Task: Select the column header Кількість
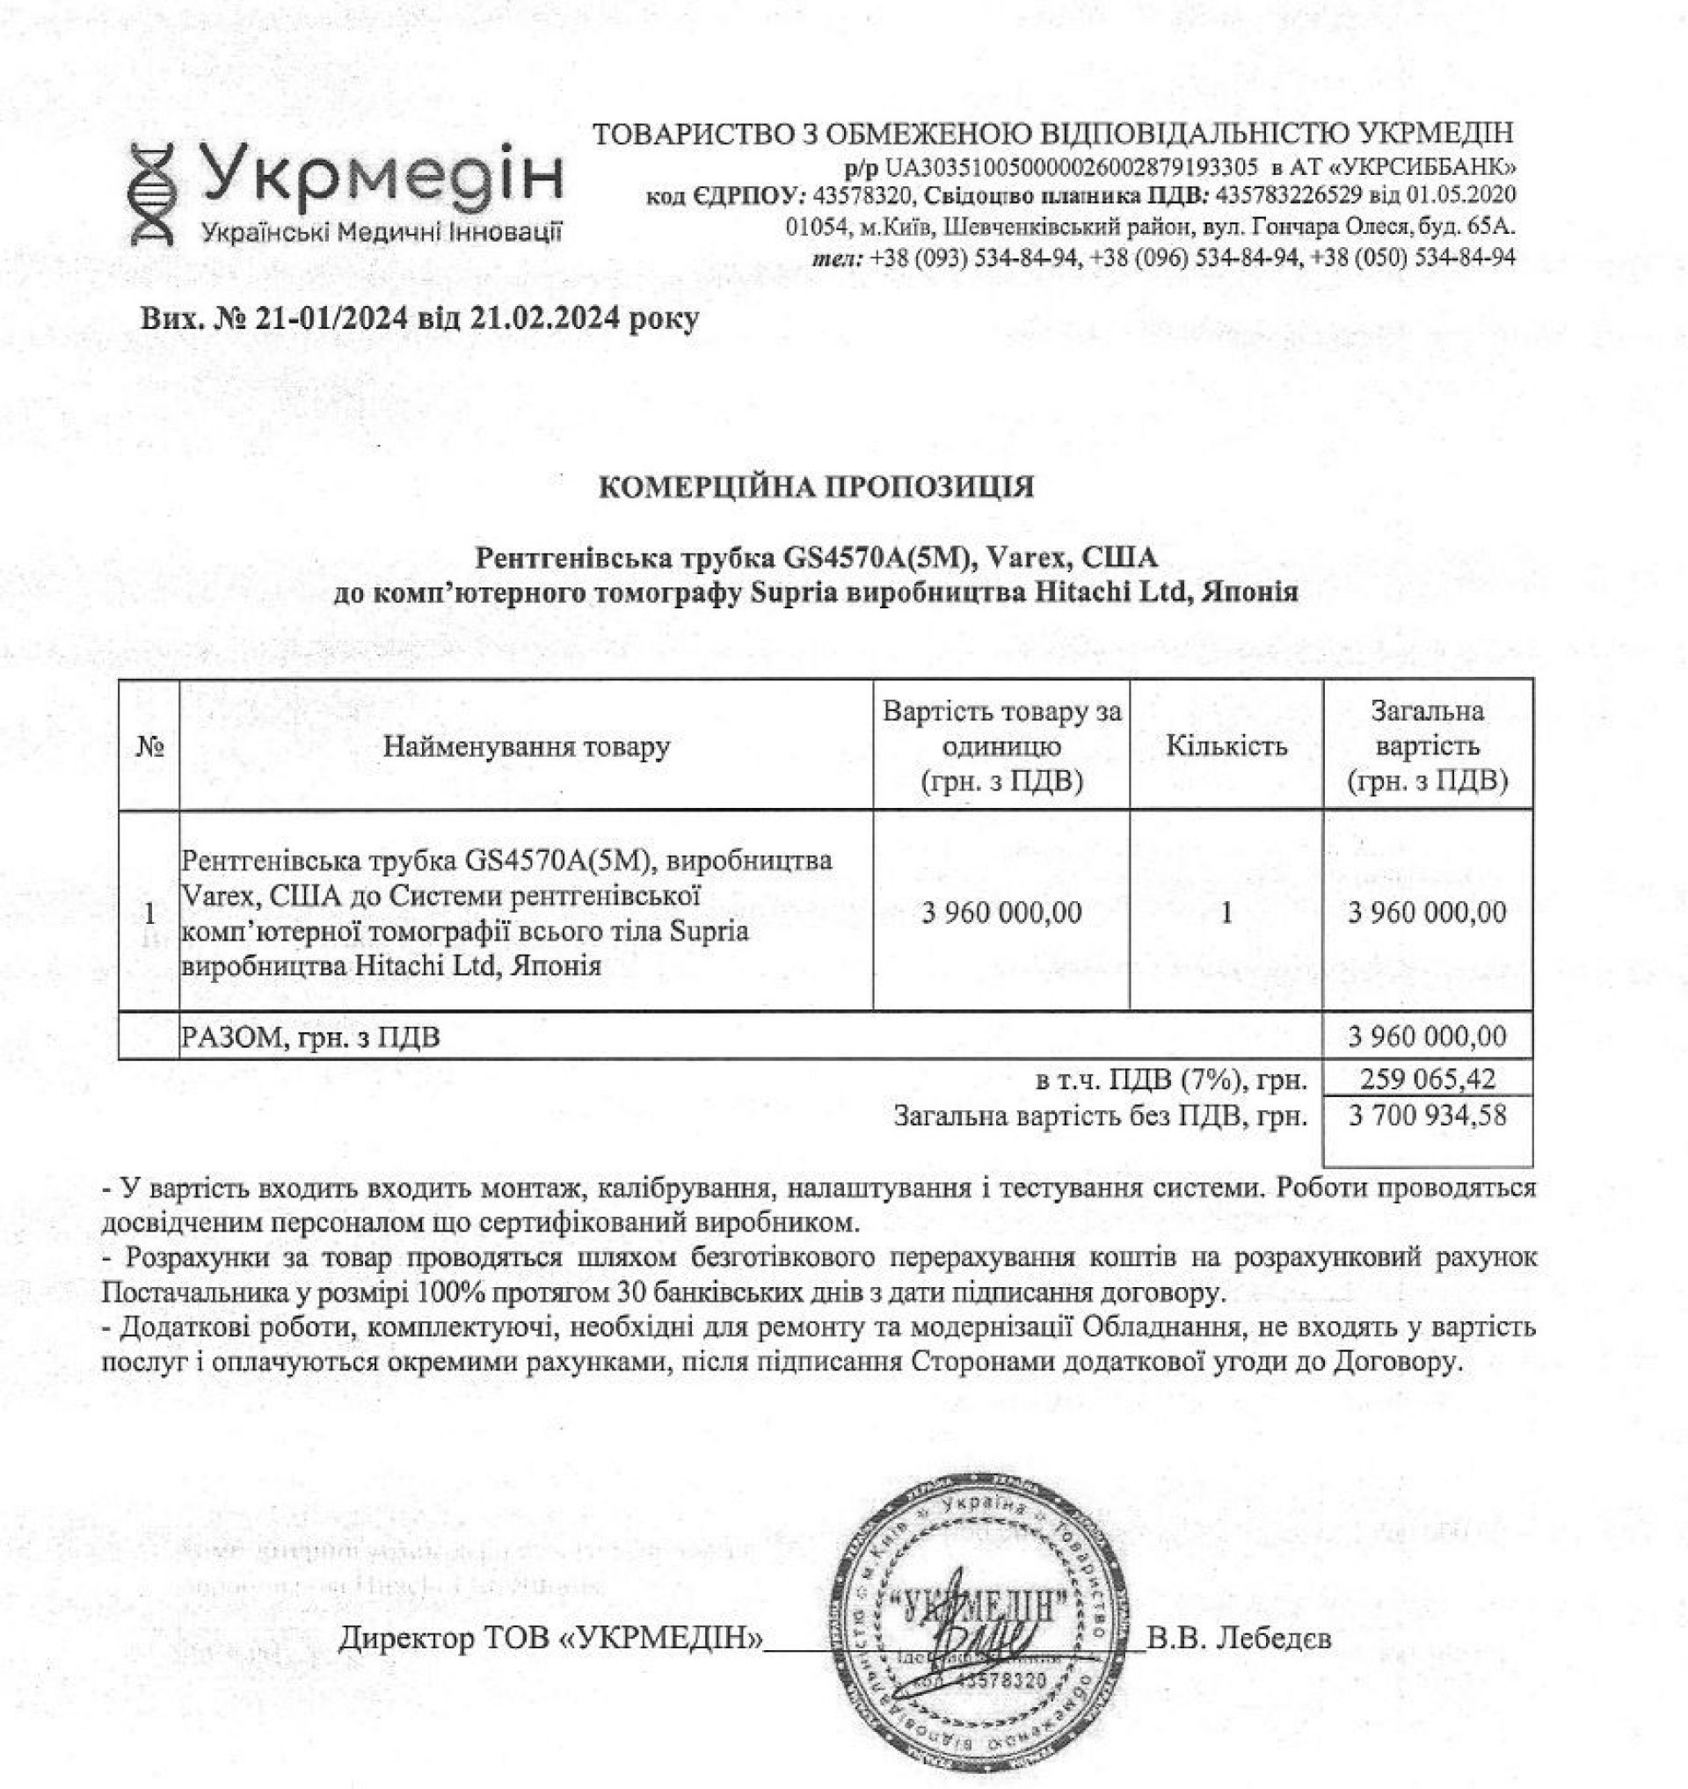pyautogui.click(x=1226, y=746)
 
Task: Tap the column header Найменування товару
pyautogui.click(x=527, y=746)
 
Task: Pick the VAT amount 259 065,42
pyautogui.click(x=1427, y=1079)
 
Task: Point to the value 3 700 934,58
pyautogui.click(x=1427, y=1116)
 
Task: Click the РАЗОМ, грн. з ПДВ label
pyautogui.click(x=311, y=1037)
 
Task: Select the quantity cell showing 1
pyautogui.click(x=1226, y=913)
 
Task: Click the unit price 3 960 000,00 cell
pyautogui.click(x=1001, y=913)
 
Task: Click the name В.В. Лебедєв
pyautogui.click(x=1240, y=1639)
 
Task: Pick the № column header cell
pyautogui.click(x=149, y=746)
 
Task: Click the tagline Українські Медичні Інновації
pyautogui.click(x=382, y=232)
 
